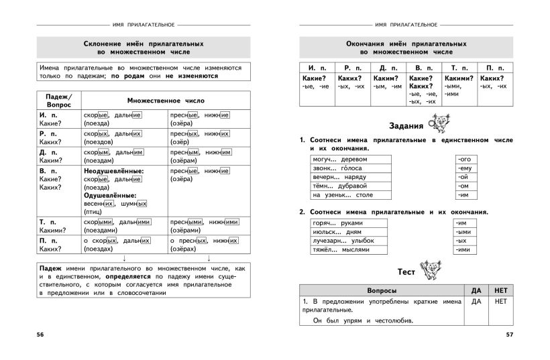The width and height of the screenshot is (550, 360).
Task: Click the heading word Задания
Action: [x=406, y=126]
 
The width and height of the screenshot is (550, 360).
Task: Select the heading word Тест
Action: [x=406, y=272]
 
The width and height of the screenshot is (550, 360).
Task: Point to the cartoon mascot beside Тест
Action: [x=430, y=269]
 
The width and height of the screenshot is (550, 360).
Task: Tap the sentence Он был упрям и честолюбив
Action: [x=363, y=320]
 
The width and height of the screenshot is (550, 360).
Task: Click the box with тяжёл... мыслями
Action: [x=349, y=249]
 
